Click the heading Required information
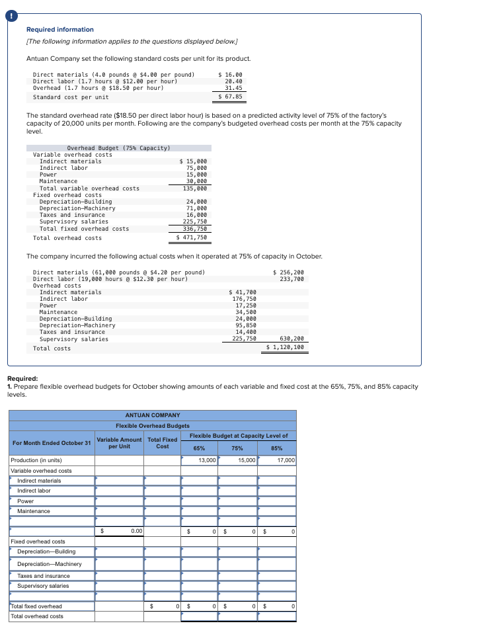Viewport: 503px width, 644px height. click(60, 30)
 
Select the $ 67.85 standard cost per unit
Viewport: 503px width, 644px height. click(231, 97)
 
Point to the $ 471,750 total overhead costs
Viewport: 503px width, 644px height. click(192, 238)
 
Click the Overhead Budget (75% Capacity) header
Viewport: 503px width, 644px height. click(118, 148)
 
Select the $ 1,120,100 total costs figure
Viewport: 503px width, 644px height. click(286, 348)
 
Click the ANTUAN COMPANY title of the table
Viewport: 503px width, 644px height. click(152, 415)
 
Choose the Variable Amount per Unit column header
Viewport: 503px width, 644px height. click(119, 443)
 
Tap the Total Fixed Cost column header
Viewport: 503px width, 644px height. click(162, 443)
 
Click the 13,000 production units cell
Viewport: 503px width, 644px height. click(207, 460)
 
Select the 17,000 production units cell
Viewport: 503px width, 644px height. click(286, 460)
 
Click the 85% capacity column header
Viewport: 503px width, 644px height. click(277, 448)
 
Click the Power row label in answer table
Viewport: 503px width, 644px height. click(25, 501)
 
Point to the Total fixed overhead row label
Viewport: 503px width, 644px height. click(36, 606)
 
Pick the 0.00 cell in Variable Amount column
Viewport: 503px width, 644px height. click(137, 531)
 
